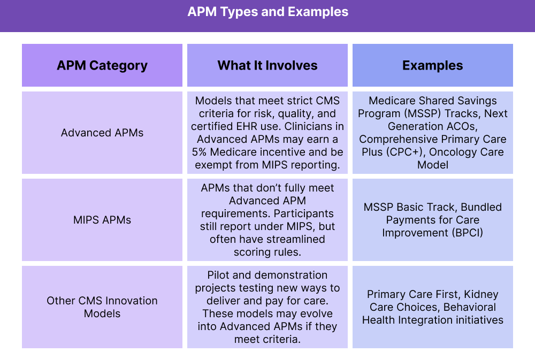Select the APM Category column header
pos(102,66)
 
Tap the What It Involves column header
pos(267,66)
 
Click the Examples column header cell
pos(433,66)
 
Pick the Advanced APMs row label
pos(102,133)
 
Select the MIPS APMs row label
pos(102,220)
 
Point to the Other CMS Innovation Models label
pos(102,307)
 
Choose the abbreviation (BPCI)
pos(466,233)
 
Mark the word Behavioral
pos(469,307)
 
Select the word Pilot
pos(218,275)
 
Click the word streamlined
pos(294,239)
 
